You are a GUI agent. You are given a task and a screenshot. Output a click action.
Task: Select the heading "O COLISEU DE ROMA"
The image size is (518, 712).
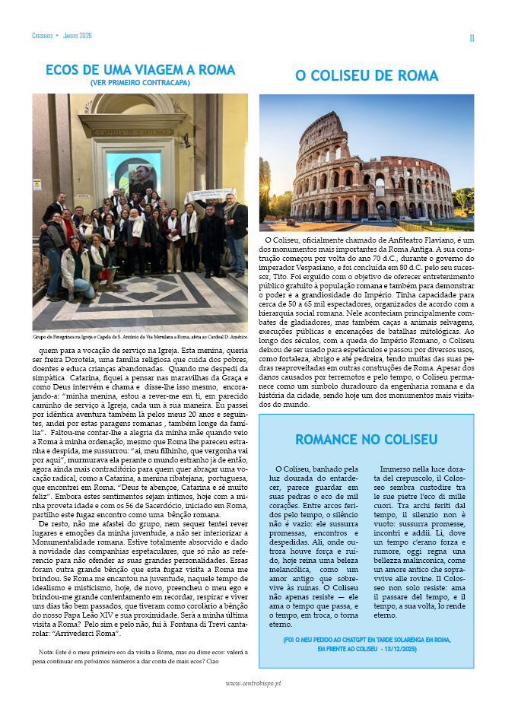(367, 76)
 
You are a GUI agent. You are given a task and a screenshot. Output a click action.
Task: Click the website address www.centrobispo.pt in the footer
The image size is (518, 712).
(259, 683)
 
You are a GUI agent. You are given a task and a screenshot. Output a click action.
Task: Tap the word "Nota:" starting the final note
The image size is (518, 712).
(47, 652)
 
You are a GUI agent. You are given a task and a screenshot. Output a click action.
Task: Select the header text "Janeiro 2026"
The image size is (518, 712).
(77, 36)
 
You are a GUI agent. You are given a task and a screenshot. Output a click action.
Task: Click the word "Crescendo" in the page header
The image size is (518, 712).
(43, 36)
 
